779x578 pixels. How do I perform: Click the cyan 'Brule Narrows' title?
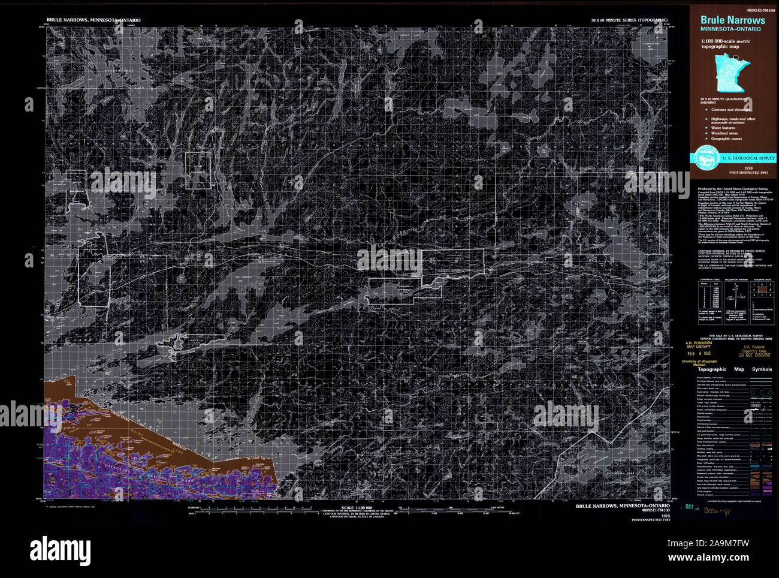coord(732,20)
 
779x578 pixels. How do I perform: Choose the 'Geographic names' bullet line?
coord(726,139)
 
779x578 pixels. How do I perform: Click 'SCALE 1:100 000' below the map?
coord(356,507)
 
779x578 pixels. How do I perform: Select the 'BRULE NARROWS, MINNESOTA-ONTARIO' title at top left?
coord(93,20)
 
